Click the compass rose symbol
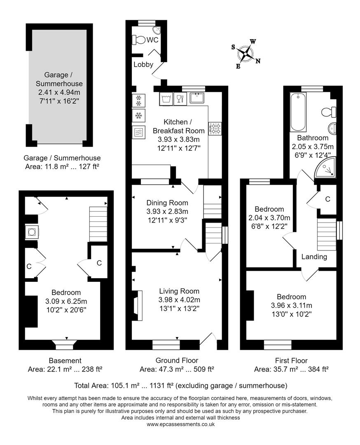pyautogui.click(x=246, y=54)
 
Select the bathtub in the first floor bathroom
pyautogui.click(x=299, y=112)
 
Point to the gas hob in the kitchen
pyautogui.click(x=215, y=129)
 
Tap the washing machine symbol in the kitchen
pyautogui.click(x=166, y=99)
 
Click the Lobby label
pyautogui.click(x=143, y=64)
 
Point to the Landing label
pyautogui.click(x=314, y=257)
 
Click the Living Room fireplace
pyautogui.click(x=137, y=305)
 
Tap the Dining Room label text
pyautogui.click(x=167, y=203)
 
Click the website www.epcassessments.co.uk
pyautogui.click(x=180, y=424)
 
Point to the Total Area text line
pyautogui.click(x=180, y=386)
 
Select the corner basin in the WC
pyautogui.click(x=156, y=30)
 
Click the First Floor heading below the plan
pyautogui.click(x=291, y=361)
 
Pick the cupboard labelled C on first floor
pyautogui.click(x=327, y=199)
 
